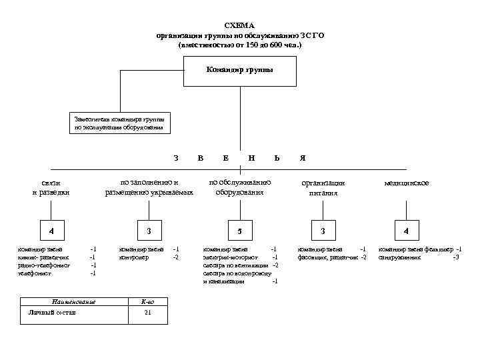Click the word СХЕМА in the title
[239, 25]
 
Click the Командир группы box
[239, 70]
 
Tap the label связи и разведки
[51, 188]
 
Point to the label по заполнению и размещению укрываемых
[149, 187]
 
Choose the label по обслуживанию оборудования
[239, 187]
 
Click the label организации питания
[323, 188]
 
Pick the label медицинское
[407, 183]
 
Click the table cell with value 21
[148, 313]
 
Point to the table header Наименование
[74, 302]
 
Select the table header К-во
[148, 302]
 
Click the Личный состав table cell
[53, 313]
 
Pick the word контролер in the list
[133, 257]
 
